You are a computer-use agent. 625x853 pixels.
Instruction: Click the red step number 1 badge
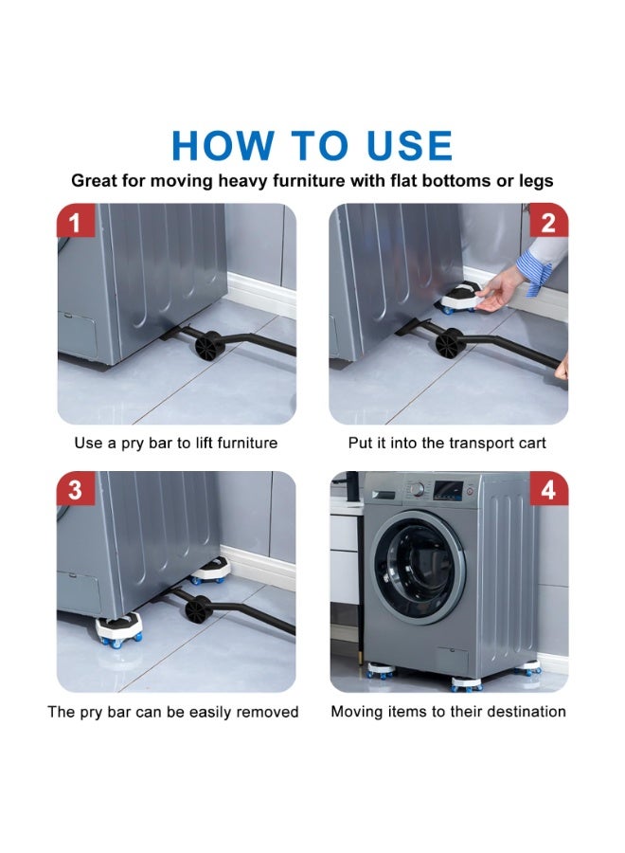tap(75, 220)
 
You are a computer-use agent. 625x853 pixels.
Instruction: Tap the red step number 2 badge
tap(549, 220)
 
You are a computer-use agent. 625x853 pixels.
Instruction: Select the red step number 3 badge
tap(75, 488)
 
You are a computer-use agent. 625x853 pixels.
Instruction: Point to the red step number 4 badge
tap(549, 488)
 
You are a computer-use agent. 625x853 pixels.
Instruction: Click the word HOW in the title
tap(223, 145)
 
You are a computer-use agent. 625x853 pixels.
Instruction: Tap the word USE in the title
tap(409, 145)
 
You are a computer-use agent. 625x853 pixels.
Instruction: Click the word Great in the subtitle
tap(94, 181)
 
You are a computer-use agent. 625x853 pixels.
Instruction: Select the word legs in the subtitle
tap(535, 182)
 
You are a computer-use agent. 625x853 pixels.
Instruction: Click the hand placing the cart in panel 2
tap(499, 289)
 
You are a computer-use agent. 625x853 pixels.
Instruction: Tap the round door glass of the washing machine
tap(417, 566)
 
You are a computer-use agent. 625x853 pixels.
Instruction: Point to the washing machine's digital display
tap(448, 490)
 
